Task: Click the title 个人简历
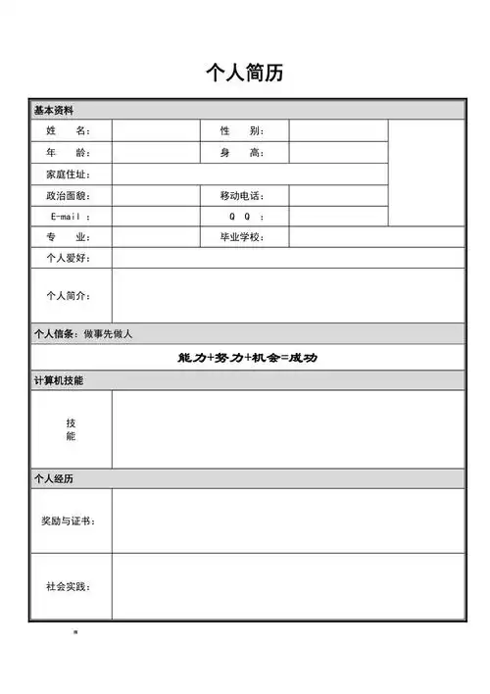tap(245, 73)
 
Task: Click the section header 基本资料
tap(54, 110)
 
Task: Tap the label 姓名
tap(68, 130)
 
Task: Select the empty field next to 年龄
tap(156, 153)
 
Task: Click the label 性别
tap(241, 130)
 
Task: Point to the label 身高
tap(241, 153)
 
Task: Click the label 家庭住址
tap(68, 174)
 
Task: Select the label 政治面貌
tap(68, 196)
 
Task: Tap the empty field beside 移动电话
tap(337, 196)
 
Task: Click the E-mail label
tap(68, 217)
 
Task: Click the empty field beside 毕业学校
tap(376, 237)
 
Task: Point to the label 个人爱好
tap(68, 258)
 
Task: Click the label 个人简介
tap(68, 295)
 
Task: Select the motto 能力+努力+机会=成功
tap(247, 358)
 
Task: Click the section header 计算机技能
tap(59, 380)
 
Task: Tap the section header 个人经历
tap(54, 478)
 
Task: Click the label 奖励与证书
tap(68, 520)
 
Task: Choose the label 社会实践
tap(68, 586)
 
